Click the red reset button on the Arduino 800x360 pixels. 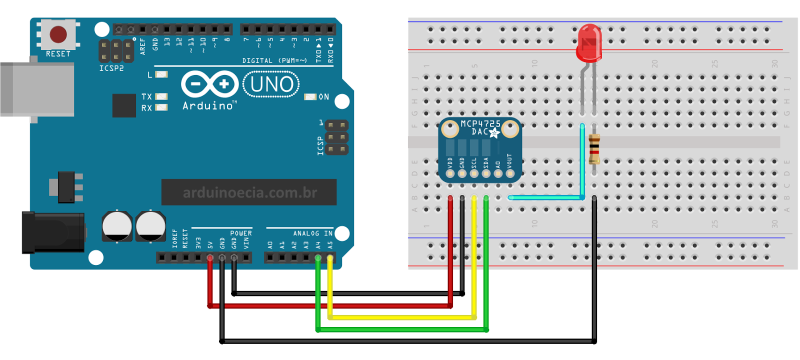(58, 34)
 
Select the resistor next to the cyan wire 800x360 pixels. (594, 149)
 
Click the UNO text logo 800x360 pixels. (271, 84)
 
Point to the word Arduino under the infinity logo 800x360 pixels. (207, 106)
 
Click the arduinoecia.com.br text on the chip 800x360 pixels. (249, 193)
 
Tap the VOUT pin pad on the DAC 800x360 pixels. (510, 173)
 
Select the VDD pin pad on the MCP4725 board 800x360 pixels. (450, 173)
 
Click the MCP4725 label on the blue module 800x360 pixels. (480, 123)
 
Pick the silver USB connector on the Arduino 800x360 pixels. (37, 89)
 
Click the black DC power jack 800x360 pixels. (52, 232)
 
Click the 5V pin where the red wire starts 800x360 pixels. (210, 258)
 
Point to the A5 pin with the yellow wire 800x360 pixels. (330, 258)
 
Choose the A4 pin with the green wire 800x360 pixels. (318, 258)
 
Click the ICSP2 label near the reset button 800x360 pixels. (111, 68)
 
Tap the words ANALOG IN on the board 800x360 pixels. (312, 233)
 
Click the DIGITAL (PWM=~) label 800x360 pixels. (274, 60)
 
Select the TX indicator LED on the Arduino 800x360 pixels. (161, 96)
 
